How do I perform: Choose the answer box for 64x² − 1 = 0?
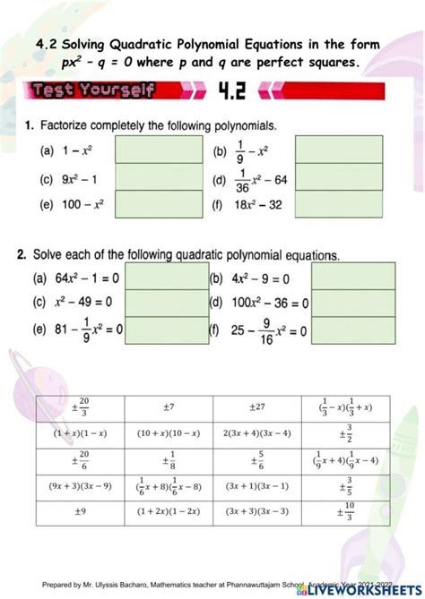click(x=168, y=277)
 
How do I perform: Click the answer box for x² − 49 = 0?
click(x=168, y=303)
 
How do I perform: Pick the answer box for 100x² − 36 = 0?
click(x=352, y=303)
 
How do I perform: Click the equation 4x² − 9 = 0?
click(x=259, y=278)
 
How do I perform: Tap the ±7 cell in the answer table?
click(x=168, y=407)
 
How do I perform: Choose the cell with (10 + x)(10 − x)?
click(x=168, y=434)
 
